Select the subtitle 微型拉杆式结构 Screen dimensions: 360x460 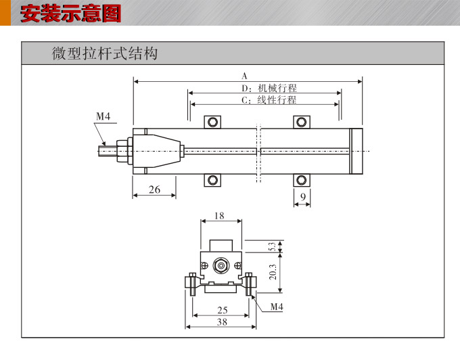pos(105,53)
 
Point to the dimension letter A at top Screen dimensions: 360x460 pos(245,76)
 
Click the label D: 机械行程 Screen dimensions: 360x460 pos(269,88)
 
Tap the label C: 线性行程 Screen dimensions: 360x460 pos(269,100)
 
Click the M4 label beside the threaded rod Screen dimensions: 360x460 pos(103,116)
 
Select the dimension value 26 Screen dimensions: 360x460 pos(154,189)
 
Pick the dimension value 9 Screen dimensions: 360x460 pos(303,197)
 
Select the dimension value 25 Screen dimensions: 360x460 pos(222,311)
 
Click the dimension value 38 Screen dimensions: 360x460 pos(222,323)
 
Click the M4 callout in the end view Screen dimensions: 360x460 pos(276,307)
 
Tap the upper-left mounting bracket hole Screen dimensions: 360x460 pos(213,122)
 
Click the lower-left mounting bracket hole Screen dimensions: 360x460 pos(213,180)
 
